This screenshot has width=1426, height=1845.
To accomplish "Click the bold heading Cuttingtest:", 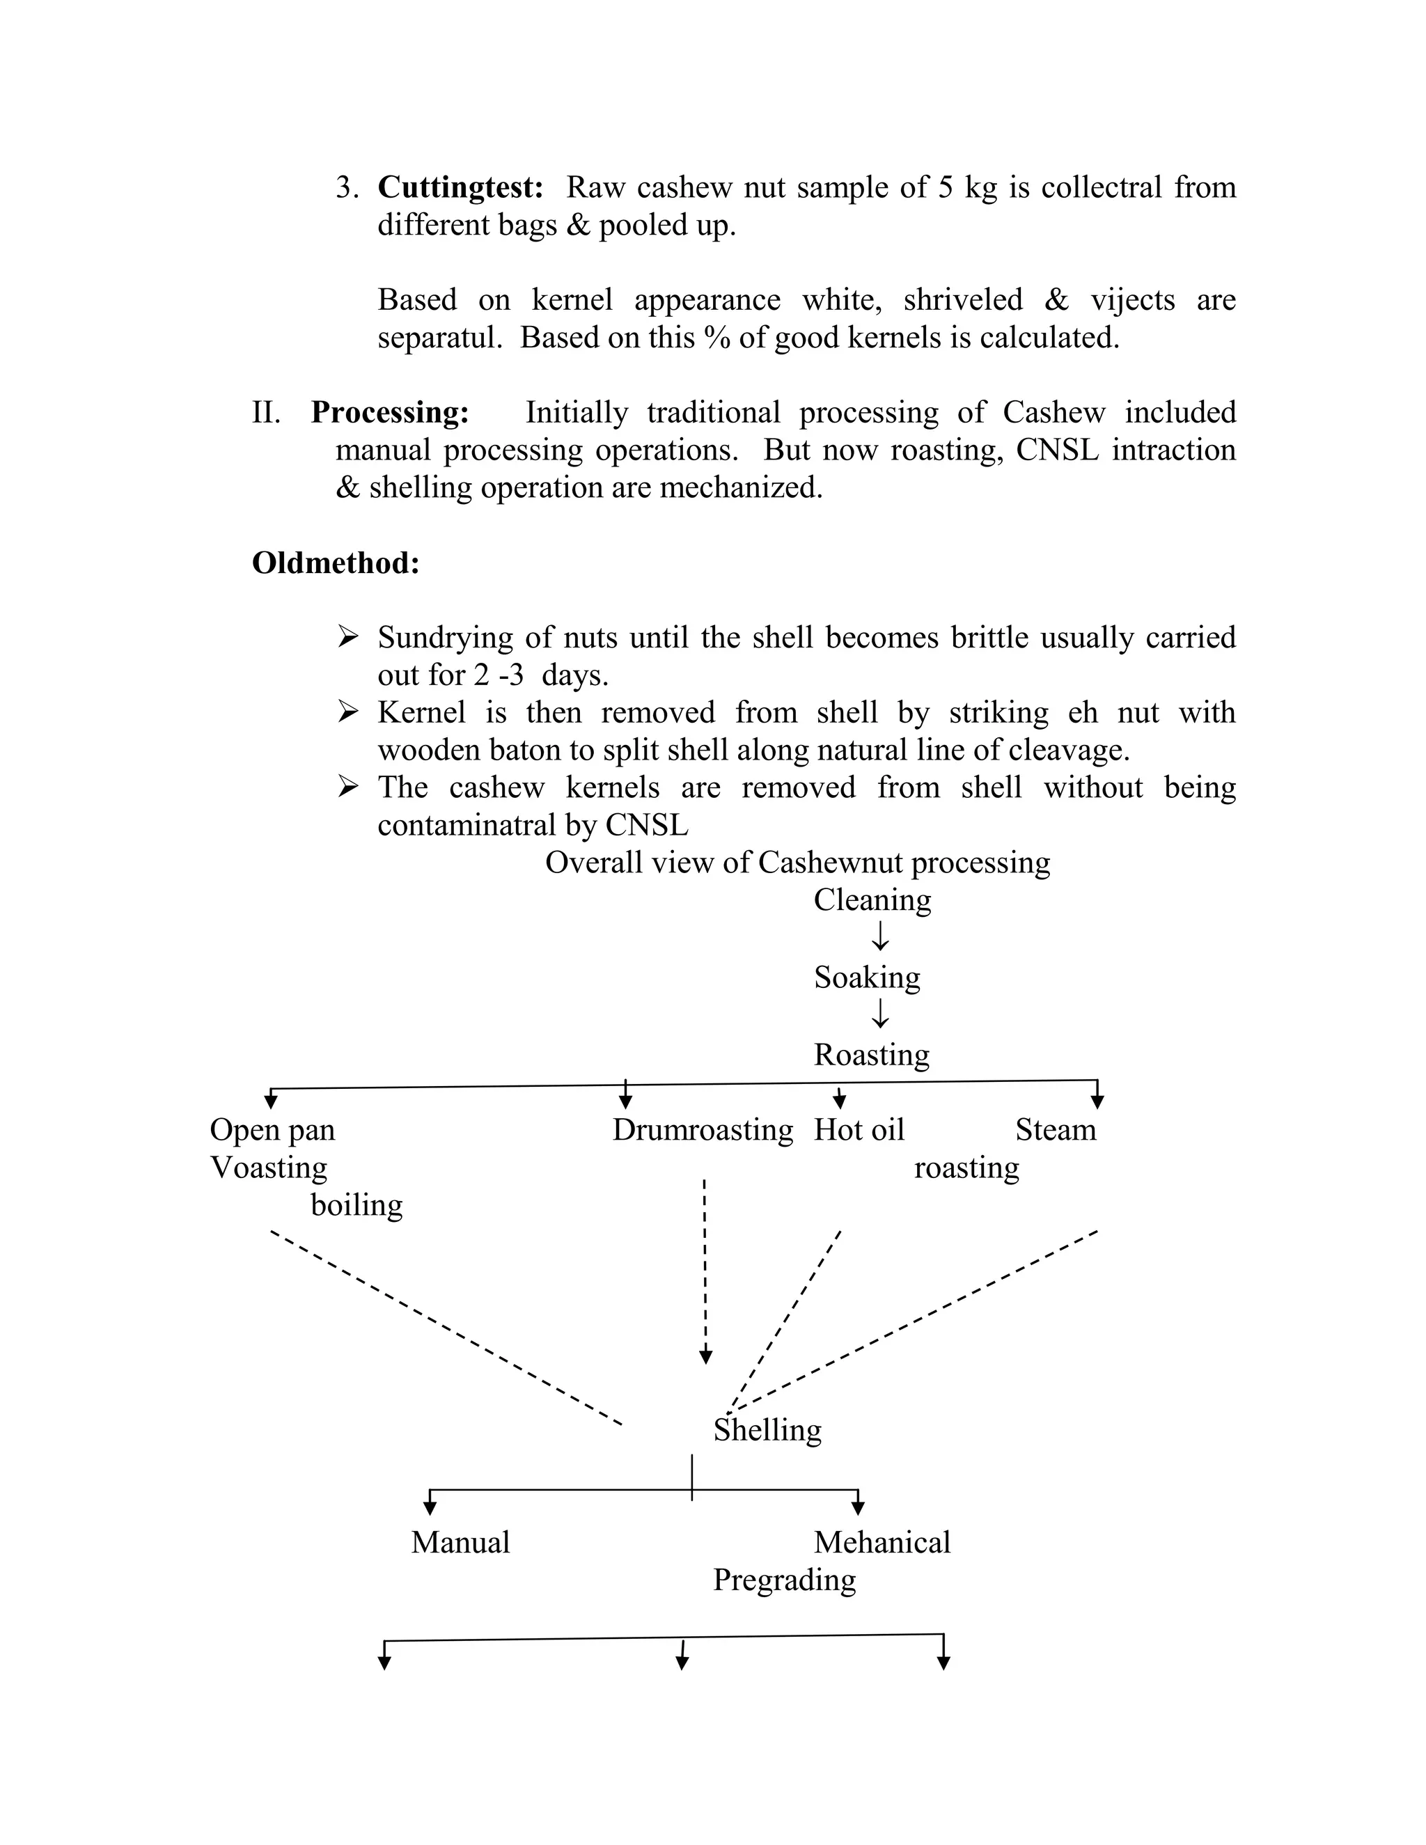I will (460, 187).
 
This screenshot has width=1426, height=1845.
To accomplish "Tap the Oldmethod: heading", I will (336, 563).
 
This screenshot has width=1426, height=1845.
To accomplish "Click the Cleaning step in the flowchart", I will (872, 900).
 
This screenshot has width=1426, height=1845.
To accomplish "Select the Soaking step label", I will (867, 978).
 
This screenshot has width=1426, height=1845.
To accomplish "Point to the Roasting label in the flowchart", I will (871, 1054).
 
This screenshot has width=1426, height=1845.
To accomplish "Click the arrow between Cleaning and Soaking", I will (880, 936).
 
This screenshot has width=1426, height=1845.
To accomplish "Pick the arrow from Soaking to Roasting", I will (880, 1014).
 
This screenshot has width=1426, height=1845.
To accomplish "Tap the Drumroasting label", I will (703, 1129).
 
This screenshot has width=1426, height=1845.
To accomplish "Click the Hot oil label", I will (859, 1129).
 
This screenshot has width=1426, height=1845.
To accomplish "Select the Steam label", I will (1055, 1129).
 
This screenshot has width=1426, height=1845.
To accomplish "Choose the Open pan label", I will (272, 1129).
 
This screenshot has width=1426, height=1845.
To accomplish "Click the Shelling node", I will (767, 1429).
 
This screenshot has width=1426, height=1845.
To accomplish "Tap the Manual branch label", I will (460, 1543).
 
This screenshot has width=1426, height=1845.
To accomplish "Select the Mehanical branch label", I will (882, 1543).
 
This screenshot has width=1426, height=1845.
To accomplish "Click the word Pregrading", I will (784, 1580).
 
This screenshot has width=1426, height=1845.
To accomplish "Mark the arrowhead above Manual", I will (430, 1507).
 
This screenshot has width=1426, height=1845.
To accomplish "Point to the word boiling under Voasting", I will (356, 1204).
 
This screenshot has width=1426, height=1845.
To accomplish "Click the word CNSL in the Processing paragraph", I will (1057, 450).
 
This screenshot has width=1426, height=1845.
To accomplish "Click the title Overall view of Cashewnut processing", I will (797, 863).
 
